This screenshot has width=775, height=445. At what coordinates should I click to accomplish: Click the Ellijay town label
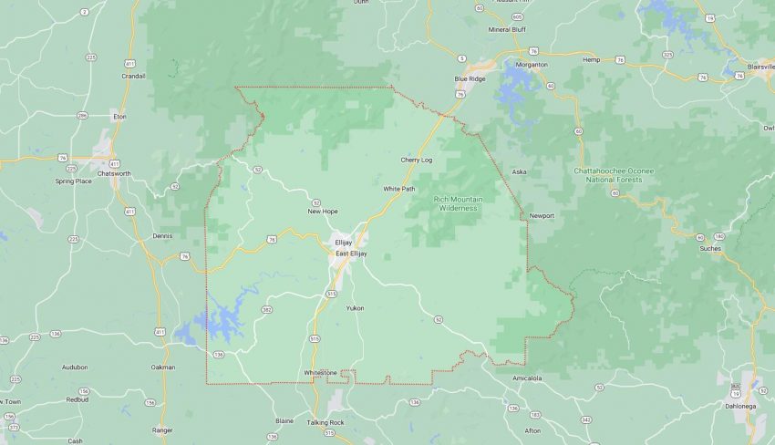pos(343,243)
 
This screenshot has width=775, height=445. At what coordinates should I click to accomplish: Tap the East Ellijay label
pos(351,253)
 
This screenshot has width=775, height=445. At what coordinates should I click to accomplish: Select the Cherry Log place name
pos(415,160)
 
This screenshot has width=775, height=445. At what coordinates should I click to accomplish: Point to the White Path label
pos(398,189)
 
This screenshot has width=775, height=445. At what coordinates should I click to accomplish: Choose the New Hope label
pos(323,211)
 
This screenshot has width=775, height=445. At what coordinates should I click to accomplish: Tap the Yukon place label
pos(355,308)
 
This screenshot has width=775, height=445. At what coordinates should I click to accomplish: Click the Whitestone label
pos(320,372)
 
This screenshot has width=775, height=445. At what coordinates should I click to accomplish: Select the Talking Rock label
pos(325,422)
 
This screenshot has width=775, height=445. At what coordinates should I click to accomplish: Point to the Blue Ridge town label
pos(470,78)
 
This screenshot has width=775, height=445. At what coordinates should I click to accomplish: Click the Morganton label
pos(532,65)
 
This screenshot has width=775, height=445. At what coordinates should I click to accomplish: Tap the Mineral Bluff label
pos(508,29)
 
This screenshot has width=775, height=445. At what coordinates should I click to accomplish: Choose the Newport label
pos(542,216)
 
